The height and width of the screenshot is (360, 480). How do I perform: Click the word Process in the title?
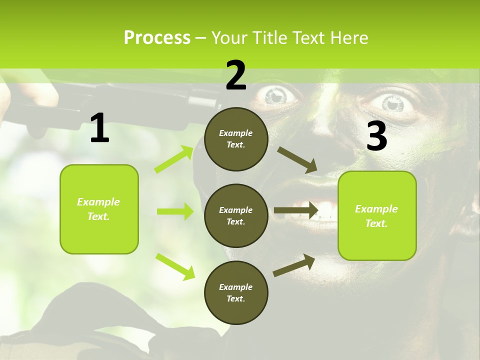(x=157, y=38)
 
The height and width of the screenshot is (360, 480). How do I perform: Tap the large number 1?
(x=99, y=129)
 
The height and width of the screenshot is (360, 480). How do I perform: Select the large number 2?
(x=236, y=75)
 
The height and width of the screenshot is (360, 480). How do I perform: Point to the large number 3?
(x=376, y=136)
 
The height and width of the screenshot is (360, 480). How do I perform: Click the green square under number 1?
(x=99, y=209)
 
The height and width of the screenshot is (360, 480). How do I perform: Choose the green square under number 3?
(x=377, y=215)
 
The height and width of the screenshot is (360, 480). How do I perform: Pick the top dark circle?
(x=236, y=139)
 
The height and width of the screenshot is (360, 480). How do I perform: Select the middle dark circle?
(x=236, y=215)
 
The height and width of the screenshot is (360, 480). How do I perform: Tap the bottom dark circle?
(x=236, y=292)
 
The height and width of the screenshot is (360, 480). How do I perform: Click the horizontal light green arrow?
(x=175, y=211)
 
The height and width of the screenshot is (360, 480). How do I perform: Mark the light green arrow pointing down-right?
(x=175, y=266)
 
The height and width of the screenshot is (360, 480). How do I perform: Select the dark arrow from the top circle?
(x=297, y=160)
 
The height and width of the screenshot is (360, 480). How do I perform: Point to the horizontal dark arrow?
(x=296, y=210)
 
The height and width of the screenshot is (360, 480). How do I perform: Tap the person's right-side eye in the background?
(x=393, y=103)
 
